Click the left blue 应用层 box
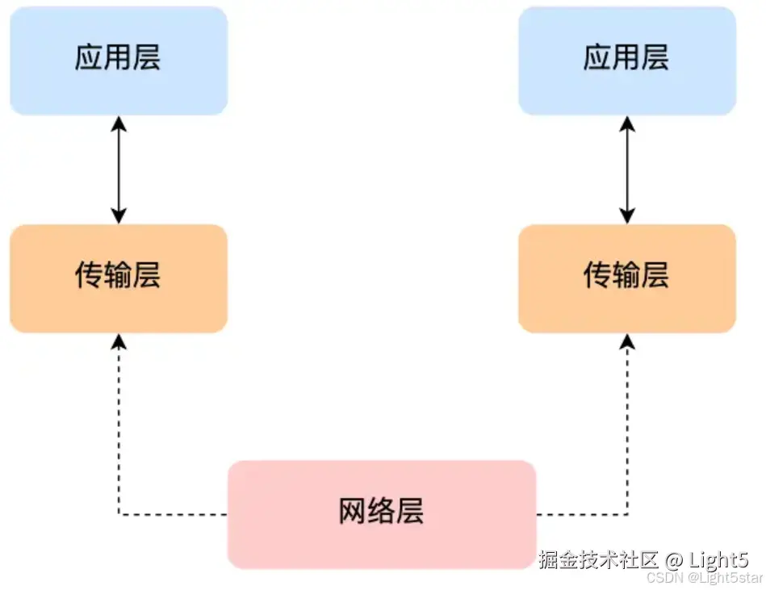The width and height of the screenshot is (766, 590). [119, 60]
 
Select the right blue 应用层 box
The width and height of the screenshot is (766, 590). [626, 60]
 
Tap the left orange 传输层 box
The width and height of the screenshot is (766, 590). [119, 278]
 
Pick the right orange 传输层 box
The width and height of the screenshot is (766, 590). [626, 278]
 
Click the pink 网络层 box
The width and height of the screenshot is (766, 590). [381, 513]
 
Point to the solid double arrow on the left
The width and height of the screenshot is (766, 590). [119, 169]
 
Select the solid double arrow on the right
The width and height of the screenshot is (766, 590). [627, 169]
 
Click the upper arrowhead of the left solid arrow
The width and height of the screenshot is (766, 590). [119, 123]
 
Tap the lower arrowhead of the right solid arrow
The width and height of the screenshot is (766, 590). [627, 216]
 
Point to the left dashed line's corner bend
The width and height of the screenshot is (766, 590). [119, 513]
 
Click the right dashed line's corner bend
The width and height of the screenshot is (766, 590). [627, 513]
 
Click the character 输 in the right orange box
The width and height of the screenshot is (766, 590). [626, 277]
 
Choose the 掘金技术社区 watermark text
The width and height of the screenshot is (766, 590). [598, 559]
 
